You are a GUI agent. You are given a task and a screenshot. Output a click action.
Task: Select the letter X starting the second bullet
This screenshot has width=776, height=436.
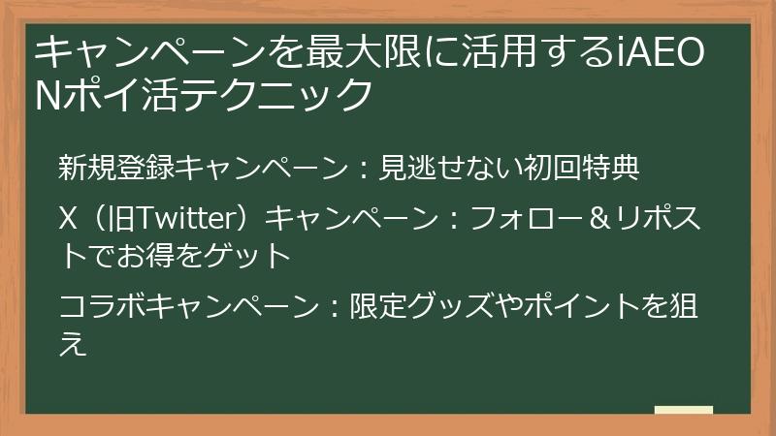[68, 220]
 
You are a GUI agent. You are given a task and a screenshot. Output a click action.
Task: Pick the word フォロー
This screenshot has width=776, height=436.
[514, 220]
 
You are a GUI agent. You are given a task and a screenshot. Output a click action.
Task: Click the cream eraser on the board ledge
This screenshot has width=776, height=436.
[683, 410]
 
